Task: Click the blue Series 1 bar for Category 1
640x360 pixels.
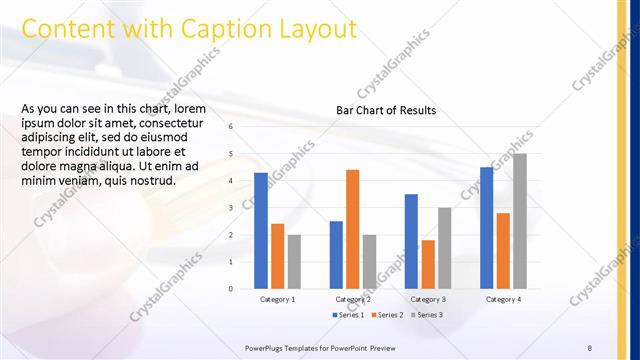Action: click(261, 231)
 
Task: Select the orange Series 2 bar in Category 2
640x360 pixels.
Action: click(352, 229)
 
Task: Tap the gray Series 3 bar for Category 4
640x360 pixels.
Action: click(519, 221)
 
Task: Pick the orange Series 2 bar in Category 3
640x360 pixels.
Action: click(428, 264)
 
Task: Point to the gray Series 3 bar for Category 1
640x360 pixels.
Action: click(294, 262)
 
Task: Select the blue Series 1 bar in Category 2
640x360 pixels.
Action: click(336, 255)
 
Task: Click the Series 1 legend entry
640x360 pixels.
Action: click(348, 315)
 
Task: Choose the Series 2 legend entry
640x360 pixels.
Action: click(388, 315)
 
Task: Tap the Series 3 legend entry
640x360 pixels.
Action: click(427, 315)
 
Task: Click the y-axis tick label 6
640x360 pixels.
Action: click(230, 127)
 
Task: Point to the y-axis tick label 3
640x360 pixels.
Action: click(230, 208)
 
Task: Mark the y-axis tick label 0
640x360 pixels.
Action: click(230, 289)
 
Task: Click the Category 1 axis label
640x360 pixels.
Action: click(277, 299)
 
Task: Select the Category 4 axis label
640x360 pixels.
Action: click(503, 299)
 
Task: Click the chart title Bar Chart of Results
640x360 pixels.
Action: click(386, 109)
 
